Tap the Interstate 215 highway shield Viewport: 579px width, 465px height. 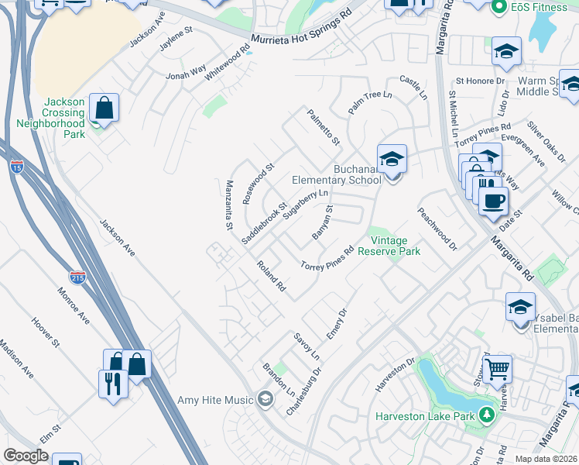[77, 277]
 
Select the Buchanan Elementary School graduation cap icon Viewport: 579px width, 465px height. [392, 160]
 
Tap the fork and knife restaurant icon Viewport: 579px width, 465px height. [113, 383]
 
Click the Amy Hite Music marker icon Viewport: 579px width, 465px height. [266, 400]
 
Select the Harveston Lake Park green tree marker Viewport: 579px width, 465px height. [487, 415]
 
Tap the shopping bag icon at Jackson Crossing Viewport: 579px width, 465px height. [104, 108]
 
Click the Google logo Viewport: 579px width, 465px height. [26, 456]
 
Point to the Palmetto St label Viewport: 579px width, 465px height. [324, 128]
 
